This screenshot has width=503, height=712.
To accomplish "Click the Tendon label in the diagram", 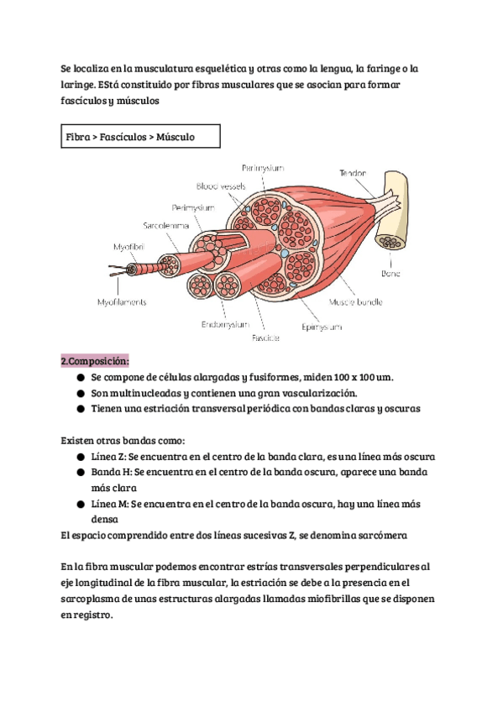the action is pyautogui.click(x=353, y=173).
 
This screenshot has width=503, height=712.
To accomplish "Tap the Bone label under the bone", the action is pyautogui.click(x=390, y=274).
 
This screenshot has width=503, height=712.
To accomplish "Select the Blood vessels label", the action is pyautogui.click(x=221, y=186).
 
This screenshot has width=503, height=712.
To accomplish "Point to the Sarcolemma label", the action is pyautogui.click(x=165, y=226).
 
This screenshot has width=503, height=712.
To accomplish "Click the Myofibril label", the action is pyautogui.click(x=129, y=247).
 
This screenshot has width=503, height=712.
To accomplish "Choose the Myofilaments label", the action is pyautogui.click(x=122, y=302).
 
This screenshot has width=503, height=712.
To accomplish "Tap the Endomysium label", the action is pyautogui.click(x=225, y=324).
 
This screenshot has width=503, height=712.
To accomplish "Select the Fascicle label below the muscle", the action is pyautogui.click(x=265, y=338).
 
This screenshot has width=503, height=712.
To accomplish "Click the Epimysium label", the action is pyautogui.click(x=322, y=327).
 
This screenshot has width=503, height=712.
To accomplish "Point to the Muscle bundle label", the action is pyautogui.click(x=356, y=302).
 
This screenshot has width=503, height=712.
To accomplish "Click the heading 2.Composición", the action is pyautogui.click(x=95, y=361).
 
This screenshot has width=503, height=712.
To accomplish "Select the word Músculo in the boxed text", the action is pyautogui.click(x=176, y=137).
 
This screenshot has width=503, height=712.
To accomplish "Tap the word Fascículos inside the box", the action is pyautogui.click(x=123, y=137).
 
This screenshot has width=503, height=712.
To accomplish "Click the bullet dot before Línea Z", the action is pyautogui.click(x=81, y=457).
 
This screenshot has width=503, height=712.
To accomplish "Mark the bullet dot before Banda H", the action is pyautogui.click(x=81, y=472).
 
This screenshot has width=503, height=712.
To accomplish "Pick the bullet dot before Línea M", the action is pyautogui.click(x=81, y=504).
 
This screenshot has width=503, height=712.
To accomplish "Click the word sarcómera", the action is pyautogui.click(x=383, y=536).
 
